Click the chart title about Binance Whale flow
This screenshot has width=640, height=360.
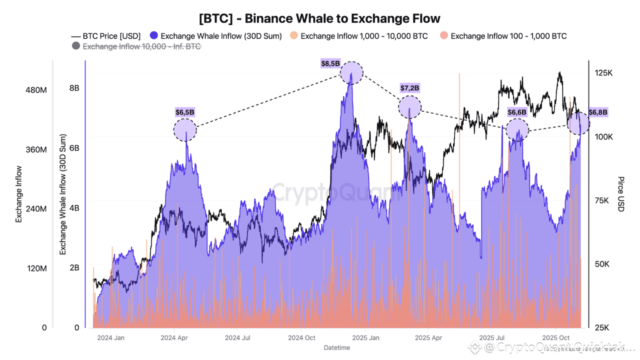click(319, 18)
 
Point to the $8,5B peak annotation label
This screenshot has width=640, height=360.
click(330, 63)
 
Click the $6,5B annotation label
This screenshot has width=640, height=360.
click(185, 112)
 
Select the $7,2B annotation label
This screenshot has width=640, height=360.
click(410, 88)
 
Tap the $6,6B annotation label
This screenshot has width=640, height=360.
click(517, 112)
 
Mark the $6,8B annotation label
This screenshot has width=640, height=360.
click(598, 112)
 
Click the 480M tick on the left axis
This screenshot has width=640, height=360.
click(36, 90)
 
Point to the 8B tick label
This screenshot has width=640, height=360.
click(74, 88)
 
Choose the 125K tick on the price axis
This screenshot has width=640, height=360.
click(603, 73)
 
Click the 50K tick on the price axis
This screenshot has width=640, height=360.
click(603, 264)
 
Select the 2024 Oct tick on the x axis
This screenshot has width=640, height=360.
click(302, 337)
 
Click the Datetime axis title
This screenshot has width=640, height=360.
click(337, 347)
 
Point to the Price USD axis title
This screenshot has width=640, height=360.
click(620, 194)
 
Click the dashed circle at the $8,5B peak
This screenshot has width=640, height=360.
click(352, 73)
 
